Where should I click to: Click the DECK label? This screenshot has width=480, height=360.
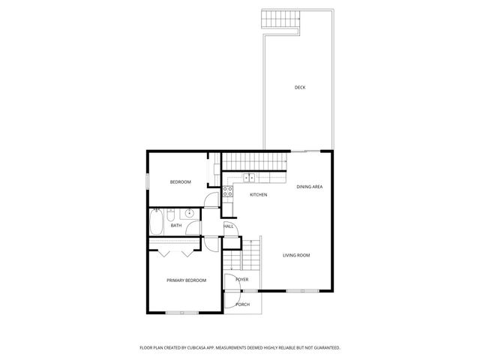[299, 88]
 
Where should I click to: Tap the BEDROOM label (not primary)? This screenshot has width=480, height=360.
[180, 182]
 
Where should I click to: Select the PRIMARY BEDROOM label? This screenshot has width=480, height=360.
[186, 280]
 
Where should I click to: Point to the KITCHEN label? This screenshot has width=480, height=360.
[258, 195]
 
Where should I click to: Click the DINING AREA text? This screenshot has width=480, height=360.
[309, 186]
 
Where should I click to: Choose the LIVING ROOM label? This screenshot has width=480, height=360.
[296, 255]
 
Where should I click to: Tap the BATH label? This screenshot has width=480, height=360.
[176, 225]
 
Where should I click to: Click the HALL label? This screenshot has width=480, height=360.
[229, 226]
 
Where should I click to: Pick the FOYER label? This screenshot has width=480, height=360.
[241, 280]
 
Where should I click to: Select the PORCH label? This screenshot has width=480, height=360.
[242, 304]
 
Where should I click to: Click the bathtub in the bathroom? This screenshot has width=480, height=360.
[157, 223]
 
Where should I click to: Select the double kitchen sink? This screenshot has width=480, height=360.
[250, 178]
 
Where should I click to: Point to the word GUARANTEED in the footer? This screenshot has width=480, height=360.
[324, 347]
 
